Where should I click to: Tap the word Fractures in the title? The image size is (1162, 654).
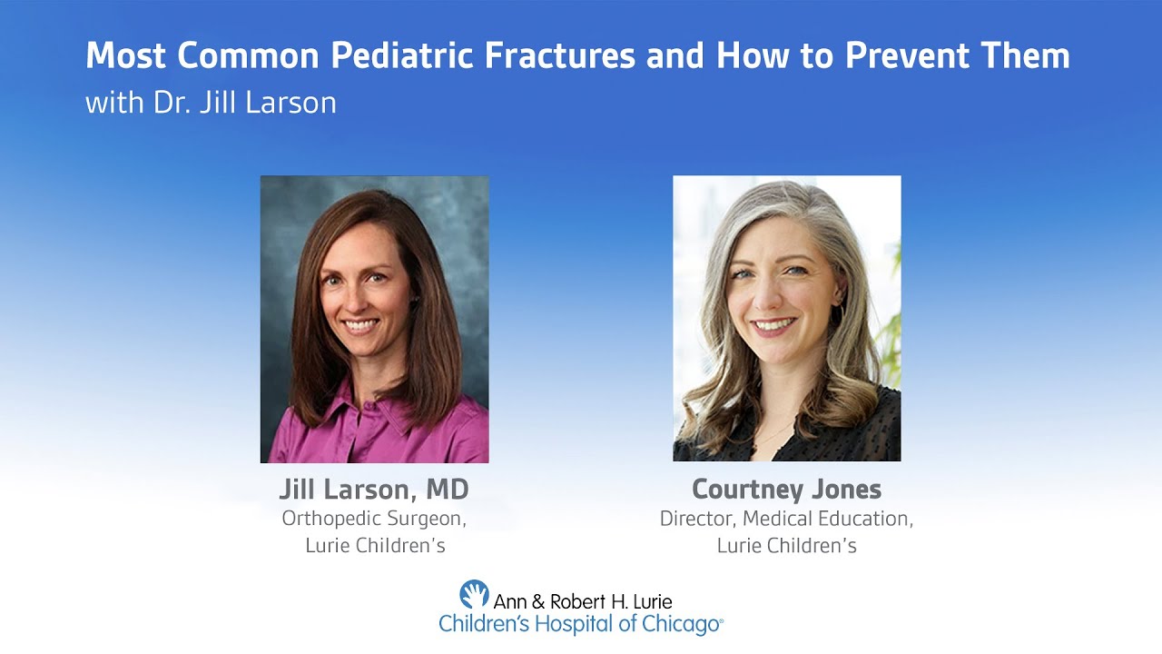point(558,56)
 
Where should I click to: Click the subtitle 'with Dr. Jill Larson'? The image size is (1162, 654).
point(211,103)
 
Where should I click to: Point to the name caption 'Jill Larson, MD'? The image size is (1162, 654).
point(374,490)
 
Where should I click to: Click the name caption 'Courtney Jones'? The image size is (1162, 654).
point(786,490)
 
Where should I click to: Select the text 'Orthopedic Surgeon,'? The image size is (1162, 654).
point(374,519)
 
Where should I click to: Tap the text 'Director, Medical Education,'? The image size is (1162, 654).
point(786,519)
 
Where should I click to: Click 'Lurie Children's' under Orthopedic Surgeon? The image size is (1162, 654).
point(374,546)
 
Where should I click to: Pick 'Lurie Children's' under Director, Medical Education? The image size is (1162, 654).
point(786,546)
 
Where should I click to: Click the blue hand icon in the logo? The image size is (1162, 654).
point(474,594)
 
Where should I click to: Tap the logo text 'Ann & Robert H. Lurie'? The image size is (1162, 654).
point(583,601)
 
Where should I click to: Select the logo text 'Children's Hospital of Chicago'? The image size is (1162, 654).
point(581,624)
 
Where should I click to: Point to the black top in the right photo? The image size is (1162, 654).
point(817,436)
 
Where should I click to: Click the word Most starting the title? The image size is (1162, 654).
point(126,56)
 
